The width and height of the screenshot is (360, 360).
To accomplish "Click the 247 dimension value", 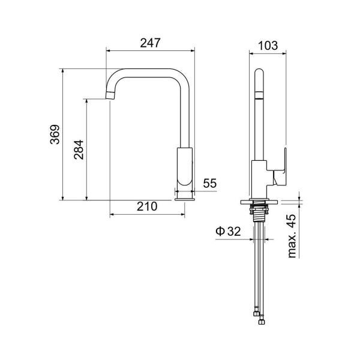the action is point(151,43).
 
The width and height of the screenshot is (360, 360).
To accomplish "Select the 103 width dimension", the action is point(268,46).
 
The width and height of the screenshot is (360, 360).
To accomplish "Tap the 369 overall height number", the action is point(55,134).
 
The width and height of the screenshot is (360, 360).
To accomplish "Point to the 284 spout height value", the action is point(79,149).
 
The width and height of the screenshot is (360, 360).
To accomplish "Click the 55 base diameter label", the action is point(210,183).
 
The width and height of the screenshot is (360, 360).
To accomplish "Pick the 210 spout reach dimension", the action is point(147,206).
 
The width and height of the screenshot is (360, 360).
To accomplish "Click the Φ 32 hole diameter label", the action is point(228,231).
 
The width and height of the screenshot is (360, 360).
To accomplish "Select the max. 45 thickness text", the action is point(292,236).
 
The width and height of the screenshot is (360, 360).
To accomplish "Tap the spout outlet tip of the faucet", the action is point(110,95).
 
